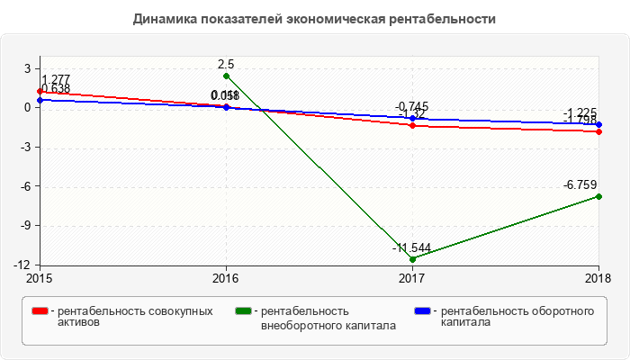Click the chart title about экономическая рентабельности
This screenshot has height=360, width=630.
(x=314, y=18)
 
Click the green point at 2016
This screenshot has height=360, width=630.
(x=226, y=76)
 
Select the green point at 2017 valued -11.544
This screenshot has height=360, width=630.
(x=412, y=259)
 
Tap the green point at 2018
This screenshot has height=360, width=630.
(x=599, y=196)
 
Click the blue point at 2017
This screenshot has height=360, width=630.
(x=412, y=118)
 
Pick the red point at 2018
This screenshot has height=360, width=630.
(x=599, y=131)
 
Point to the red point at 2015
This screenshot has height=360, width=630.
(x=40, y=91)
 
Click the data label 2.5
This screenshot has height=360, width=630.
(x=226, y=65)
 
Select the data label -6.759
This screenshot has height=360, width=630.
(x=580, y=185)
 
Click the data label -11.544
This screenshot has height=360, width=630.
(x=411, y=247)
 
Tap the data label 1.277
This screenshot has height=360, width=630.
(x=56, y=79)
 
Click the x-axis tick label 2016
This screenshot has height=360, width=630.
(x=226, y=278)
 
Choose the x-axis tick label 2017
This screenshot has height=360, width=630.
(x=412, y=278)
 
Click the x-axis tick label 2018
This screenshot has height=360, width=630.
(x=598, y=278)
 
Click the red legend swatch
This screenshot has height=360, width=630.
(x=40, y=311)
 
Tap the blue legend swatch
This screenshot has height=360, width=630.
(x=422, y=311)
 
